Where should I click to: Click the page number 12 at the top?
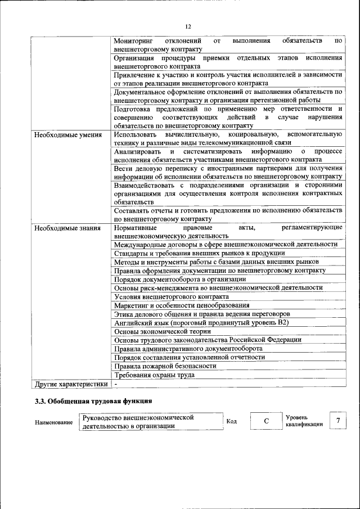click(x=188, y=26)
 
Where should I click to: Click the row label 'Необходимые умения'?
click(x=67, y=135)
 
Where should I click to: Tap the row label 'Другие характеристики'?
click(x=70, y=384)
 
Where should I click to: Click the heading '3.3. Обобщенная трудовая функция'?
click(x=93, y=402)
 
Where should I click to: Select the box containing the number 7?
click(x=337, y=421)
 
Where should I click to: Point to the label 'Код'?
click(x=231, y=422)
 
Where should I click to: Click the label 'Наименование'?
click(x=53, y=422)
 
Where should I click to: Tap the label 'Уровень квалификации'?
click(x=304, y=421)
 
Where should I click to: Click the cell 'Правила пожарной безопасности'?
click(x=165, y=366)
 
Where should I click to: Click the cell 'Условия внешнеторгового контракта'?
click(x=171, y=296)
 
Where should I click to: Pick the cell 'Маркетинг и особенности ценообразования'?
click(x=181, y=305)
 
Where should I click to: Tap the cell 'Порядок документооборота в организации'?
click(x=179, y=279)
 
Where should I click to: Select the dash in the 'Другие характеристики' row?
click(x=115, y=384)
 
